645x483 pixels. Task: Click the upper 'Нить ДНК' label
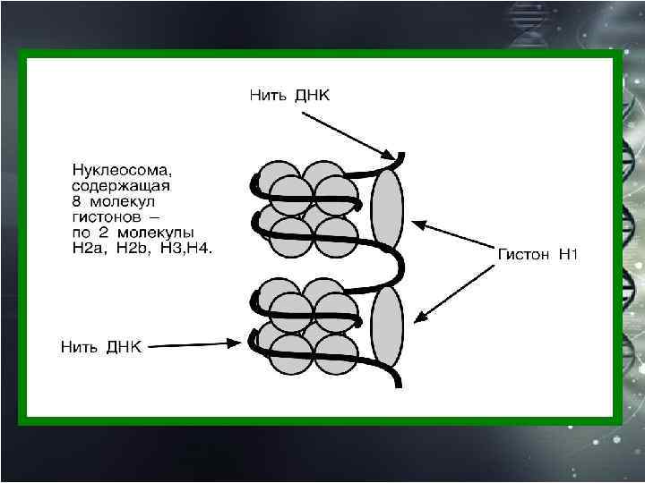(x=288, y=95)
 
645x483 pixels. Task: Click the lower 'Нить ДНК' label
(x=100, y=345)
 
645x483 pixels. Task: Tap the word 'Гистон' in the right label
(x=524, y=255)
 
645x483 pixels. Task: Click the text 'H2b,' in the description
(x=133, y=248)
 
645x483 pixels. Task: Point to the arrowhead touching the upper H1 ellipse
(x=409, y=220)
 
